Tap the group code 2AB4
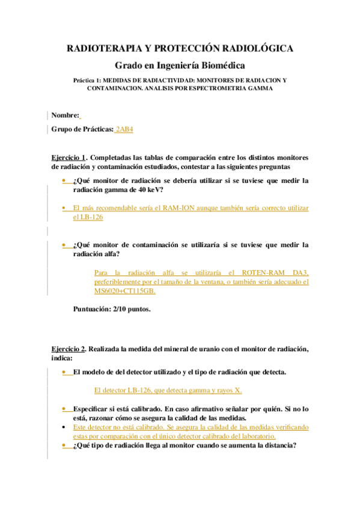pyautogui.click(x=125, y=129)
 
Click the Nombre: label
pyautogui.click(x=65, y=115)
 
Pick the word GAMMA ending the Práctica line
pyautogui.click(x=261, y=88)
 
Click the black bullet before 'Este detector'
pyautogui.click(x=64, y=426)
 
